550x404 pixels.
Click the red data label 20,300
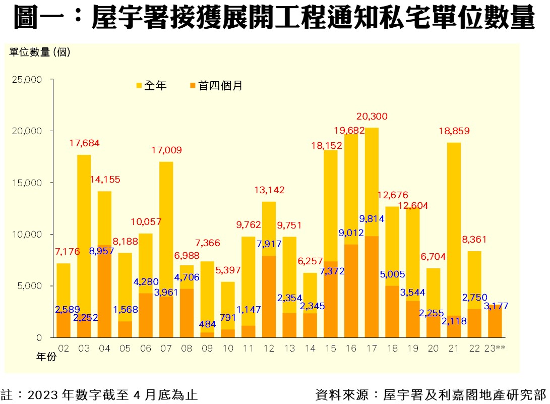(372, 117)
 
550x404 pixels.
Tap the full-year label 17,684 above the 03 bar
(84, 143)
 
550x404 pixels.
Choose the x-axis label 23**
(496, 348)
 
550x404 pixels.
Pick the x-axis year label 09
(207, 348)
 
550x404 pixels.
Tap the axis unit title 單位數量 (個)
(40, 52)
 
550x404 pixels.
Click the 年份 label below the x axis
(46, 357)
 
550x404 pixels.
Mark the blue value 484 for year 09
(207, 324)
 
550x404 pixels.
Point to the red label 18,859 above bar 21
(454, 131)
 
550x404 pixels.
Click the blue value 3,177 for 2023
(496, 306)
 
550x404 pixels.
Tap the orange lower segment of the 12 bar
(269, 298)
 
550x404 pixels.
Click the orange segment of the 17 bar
(372, 287)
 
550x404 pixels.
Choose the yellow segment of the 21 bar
(454, 227)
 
